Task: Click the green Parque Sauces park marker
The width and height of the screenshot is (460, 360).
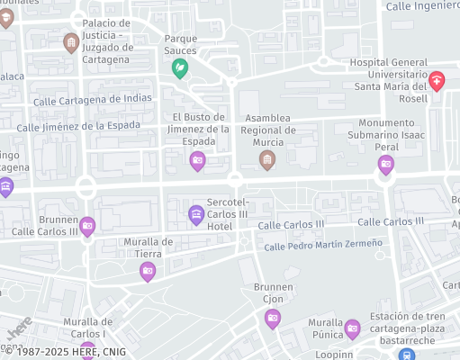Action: tap(180, 67)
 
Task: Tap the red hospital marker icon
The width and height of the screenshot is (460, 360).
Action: tap(437, 81)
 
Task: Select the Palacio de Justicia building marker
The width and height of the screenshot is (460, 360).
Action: tap(71, 42)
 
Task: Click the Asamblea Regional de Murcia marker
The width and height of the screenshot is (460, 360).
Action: tap(266, 159)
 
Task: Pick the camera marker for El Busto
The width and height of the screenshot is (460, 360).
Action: tap(197, 161)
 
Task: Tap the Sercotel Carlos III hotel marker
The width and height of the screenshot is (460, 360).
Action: tap(195, 214)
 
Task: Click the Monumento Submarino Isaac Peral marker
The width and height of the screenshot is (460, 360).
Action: tap(386, 164)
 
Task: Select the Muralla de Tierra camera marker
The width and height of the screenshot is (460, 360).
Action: tap(148, 270)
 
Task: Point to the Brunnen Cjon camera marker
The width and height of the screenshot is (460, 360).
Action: tap(272, 318)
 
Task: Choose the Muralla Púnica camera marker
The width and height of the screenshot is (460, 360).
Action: tap(352, 328)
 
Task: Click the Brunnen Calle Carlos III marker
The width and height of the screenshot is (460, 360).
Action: tap(87, 225)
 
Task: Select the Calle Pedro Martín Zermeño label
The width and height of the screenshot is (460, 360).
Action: tap(323, 244)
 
